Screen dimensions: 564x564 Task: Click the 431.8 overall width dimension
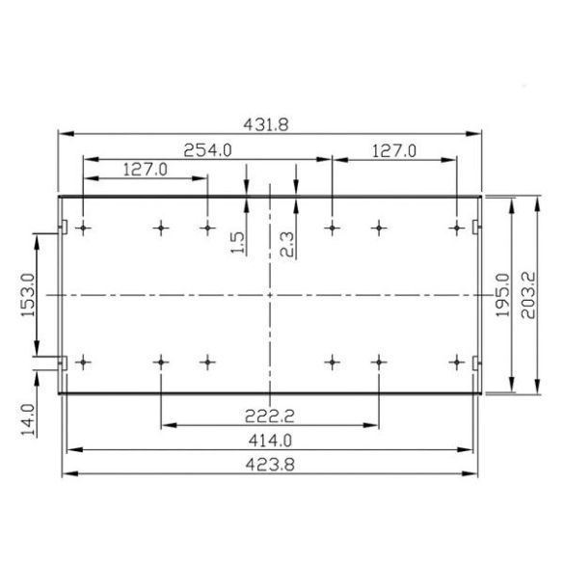270,123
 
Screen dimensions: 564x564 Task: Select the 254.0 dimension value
207,149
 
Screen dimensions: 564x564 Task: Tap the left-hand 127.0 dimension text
146,169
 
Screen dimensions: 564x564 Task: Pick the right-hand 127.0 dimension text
393,149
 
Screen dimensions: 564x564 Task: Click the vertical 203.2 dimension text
527,294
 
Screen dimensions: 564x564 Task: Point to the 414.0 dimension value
270,440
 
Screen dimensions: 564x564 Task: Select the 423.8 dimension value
270,464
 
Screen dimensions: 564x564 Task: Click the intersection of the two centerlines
271,294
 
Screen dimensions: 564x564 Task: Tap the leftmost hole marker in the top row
85,228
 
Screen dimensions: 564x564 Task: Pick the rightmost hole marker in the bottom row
457,363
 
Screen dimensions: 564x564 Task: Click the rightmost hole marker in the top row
457,228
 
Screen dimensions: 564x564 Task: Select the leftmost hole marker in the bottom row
85,363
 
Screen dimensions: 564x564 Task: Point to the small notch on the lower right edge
476,363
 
